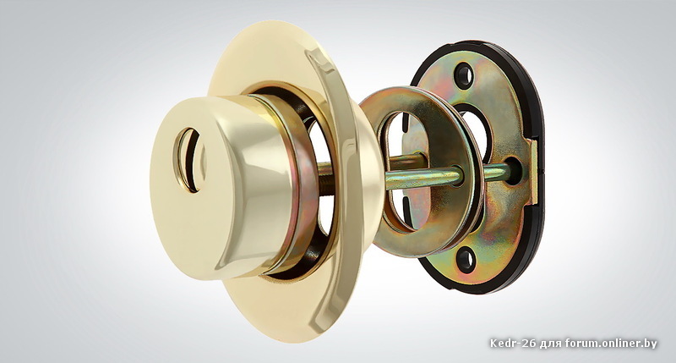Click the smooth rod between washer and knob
[423, 178]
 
